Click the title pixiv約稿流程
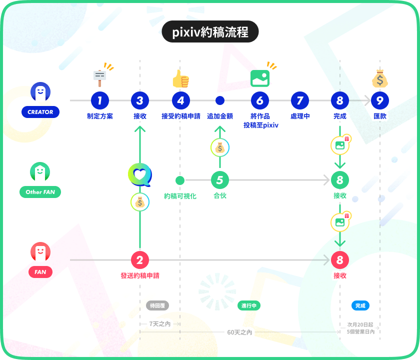click(210, 32)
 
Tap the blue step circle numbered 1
click(100, 100)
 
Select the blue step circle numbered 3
click(140, 100)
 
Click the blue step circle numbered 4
click(180, 100)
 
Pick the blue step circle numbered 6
click(260, 100)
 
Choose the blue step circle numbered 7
click(300, 100)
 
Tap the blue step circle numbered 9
click(380, 100)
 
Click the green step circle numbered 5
click(220, 180)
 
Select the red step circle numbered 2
click(140, 260)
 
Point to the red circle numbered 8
click(340, 260)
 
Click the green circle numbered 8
click(340, 180)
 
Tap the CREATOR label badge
click(40, 112)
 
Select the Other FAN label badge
click(40, 192)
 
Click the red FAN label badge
click(40, 272)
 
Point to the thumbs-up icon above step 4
click(180, 78)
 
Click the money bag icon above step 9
click(380, 78)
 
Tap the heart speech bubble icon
click(140, 175)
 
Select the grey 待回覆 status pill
click(157, 305)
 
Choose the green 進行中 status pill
click(249, 305)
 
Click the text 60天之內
click(240, 332)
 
